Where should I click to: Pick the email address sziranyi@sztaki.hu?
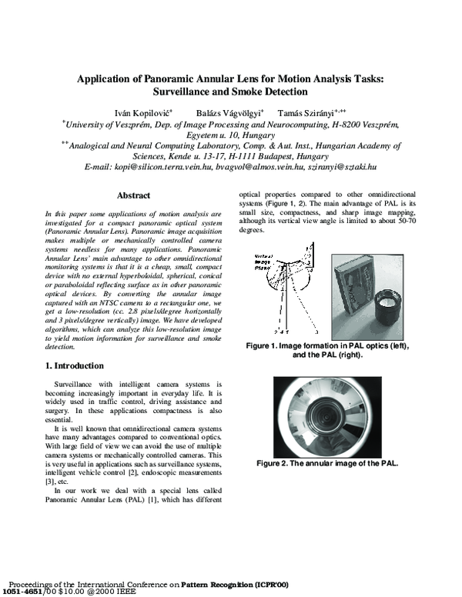pyautogui.click(x=341, y=166)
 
